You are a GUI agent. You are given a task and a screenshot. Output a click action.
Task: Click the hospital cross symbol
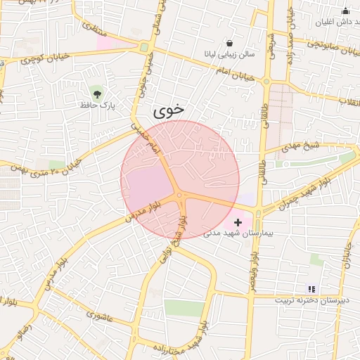pos(238,222)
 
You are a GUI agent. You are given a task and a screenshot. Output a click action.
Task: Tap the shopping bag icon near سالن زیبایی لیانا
pos(230,43)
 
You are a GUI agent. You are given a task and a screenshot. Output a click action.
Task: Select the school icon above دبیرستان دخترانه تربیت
pos(311,289)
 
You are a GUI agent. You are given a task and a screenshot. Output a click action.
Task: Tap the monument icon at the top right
pos(345,11)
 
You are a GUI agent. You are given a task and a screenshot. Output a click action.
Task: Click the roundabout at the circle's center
pos(180,196)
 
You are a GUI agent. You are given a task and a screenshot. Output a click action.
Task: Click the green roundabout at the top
pos(144,48)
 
